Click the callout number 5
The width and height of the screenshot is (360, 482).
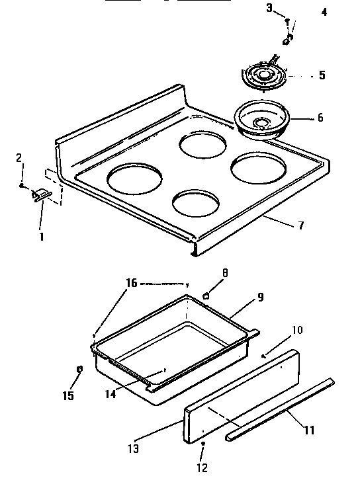tap(322, 75)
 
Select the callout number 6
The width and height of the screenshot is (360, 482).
tap(320, 118)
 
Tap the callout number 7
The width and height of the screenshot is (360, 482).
tap(301, 225)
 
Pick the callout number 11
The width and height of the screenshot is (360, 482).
tap(308, 430)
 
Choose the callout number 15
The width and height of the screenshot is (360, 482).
tap(68, 395)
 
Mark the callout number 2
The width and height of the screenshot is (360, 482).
tap(19, 157)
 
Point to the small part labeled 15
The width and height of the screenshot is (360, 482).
tap(79, 368)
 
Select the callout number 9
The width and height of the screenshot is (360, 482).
tap(260, 298)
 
